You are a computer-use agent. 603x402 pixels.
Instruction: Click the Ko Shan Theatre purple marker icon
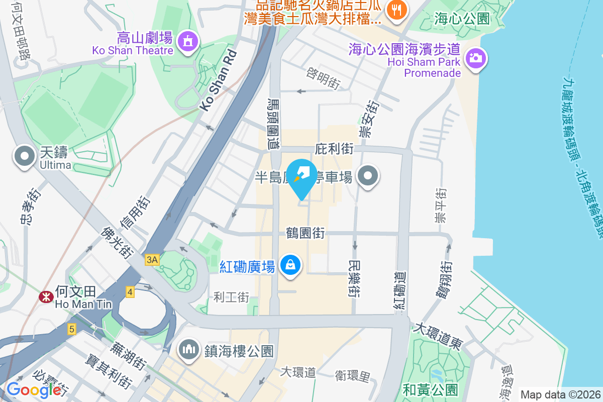[188, 41]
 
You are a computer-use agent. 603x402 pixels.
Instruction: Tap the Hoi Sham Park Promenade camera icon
[475, 58]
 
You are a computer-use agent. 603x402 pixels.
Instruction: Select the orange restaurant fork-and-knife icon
[397, 11]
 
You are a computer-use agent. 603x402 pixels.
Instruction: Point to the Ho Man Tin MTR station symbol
[46, 297]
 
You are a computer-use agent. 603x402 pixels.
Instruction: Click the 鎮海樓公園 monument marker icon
[189, 350]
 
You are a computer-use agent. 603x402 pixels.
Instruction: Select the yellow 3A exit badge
[152, 259]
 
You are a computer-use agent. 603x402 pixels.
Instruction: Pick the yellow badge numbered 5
[72, 329]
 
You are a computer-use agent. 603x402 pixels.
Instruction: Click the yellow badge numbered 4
[130, 291]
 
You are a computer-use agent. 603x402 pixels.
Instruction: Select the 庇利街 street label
[334, 149]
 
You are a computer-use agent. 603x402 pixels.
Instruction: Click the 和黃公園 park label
[431, 389]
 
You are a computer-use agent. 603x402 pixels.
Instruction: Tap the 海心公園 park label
[462, 19]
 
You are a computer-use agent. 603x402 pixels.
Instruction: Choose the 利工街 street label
[231, 297]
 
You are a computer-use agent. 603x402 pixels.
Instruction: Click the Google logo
[34, 389]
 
